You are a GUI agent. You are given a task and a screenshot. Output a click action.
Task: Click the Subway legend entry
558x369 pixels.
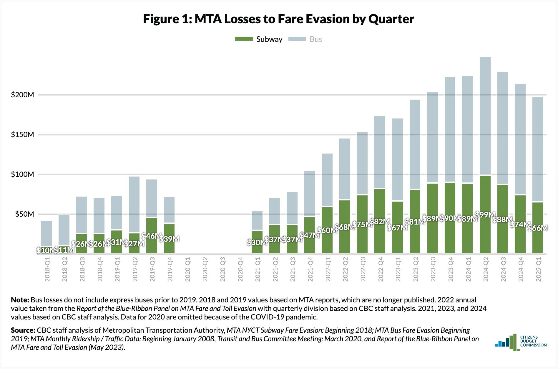pyautogui.click(x=259, y=39)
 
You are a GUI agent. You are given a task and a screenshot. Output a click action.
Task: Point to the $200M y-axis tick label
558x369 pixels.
pyautogui.click(x=22, y=95)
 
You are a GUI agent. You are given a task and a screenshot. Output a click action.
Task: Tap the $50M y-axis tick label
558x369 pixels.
pyautogui.click(x=24, y=214)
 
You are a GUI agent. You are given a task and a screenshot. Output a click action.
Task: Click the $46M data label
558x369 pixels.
pyautogui.click(x=152, y=236)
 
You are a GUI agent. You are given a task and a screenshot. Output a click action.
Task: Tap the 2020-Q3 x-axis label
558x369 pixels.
pyautogui.click(x=223, y=269)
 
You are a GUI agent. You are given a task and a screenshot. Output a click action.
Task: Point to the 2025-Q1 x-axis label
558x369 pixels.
pyautogui.click(x=538, y=269)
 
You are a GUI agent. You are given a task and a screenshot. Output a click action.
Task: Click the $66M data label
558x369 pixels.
pyautogui.click(x=538, y=228)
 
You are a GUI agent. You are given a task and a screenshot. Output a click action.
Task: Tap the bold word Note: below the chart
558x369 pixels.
pyautogui.click(x=20, y=300)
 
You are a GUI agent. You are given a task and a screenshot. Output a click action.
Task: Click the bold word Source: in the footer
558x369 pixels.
pyautogui.click(x=23, y=330)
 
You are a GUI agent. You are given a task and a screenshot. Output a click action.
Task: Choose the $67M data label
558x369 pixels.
pyautogui.click(x=397, y=228)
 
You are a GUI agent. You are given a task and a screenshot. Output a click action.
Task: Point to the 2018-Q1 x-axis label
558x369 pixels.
pyautogui.click(x=47, y=269)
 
